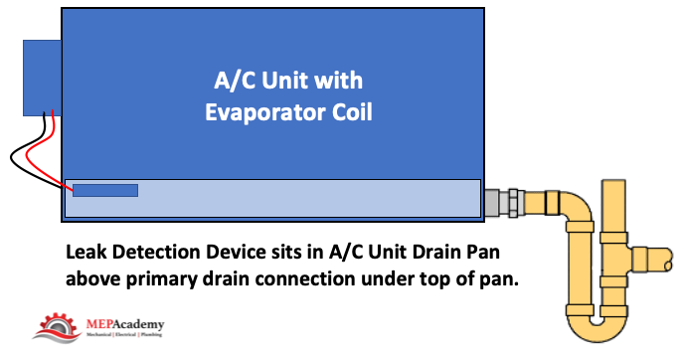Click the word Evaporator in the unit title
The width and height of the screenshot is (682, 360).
click(265, 112)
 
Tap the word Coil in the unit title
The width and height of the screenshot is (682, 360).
click(352, 111)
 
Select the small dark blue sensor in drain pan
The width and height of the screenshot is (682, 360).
click(105, 190)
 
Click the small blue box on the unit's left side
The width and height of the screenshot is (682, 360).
click(42, 78)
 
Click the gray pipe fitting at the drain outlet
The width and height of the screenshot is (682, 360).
click(504, 203)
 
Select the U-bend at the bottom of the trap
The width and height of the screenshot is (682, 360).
click(597, 325)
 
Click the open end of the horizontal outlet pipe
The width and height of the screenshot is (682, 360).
click(668, 260)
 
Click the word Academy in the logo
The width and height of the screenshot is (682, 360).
click(138, 325)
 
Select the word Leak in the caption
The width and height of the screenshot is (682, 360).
click(86, 252)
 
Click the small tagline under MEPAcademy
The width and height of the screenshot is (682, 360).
click(124, 335)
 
